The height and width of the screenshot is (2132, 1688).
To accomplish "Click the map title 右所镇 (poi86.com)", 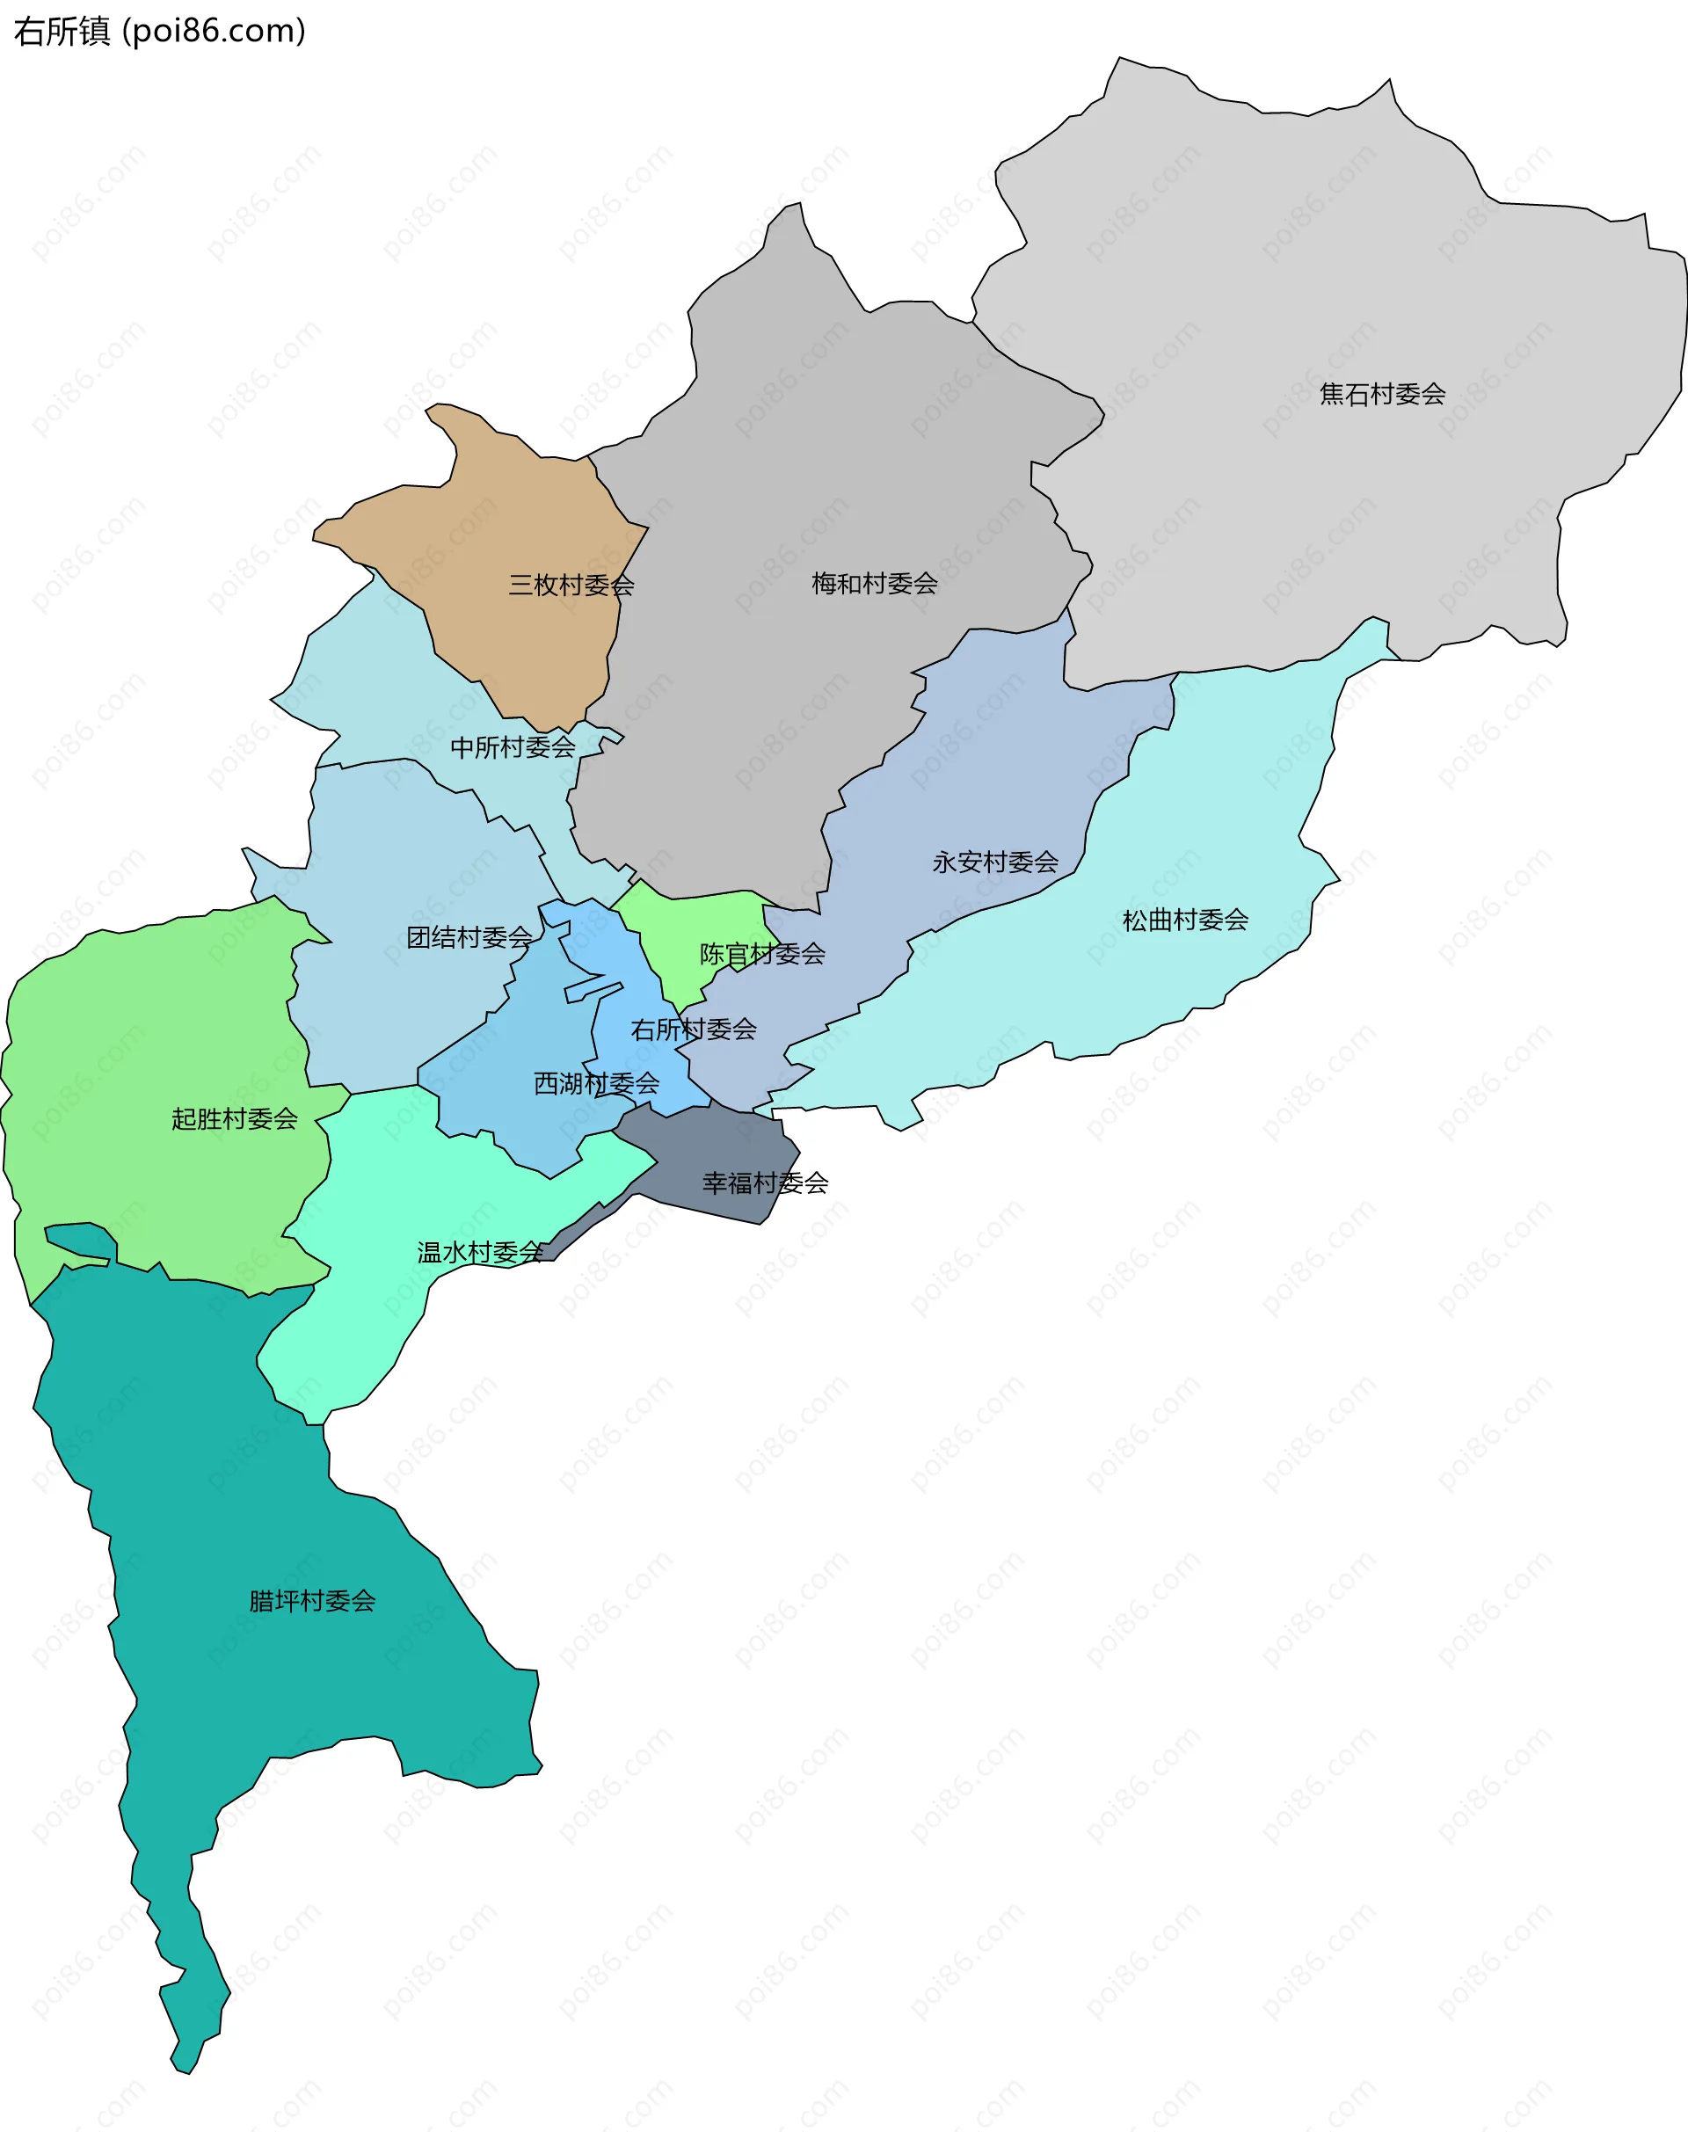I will [x=159, y=32].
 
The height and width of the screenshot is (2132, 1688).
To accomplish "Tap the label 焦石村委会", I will [x=1382, y=395].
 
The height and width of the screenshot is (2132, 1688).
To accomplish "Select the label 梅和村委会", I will [x=874, y=583].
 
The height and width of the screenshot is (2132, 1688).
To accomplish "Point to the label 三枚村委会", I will [x=571, y=586].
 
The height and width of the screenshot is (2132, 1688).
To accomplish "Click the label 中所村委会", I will [x=512, y=747].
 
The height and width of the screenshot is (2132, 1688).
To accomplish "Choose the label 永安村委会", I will [x=994, y=862].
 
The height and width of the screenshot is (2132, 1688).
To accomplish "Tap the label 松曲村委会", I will [x=1184, y=920].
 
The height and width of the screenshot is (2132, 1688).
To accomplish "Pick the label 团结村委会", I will [x=469, y=937].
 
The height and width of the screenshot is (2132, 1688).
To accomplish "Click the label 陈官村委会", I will [x=761, y=954].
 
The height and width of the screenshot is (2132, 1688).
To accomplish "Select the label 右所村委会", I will [x=693, y=1030].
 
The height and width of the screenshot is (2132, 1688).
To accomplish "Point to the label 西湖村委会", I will [x=596, y=1083].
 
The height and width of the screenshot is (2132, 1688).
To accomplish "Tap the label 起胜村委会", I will [x=234, y=1119].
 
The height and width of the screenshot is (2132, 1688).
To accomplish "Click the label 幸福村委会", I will [x=764, y=1182].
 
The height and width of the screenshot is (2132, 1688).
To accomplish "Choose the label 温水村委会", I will [x=479, y=1252].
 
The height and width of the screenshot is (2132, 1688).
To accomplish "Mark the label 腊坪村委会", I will [x=311, y=1600].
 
